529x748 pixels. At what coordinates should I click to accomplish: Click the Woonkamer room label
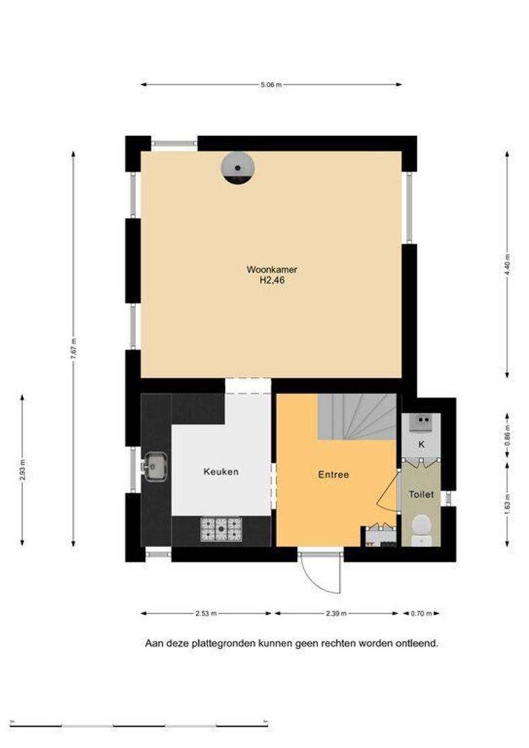pyautogui.click(x=272, y=269)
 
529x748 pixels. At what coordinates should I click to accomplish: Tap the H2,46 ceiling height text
pyautogui.click(x=272, y=280)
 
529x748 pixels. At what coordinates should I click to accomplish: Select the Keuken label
pyautogui.click(x=221, y=472)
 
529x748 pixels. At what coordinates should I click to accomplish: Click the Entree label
pyautogui.click(x=334, y=474)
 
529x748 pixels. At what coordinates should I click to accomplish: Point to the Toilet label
pyautogui.click(x=421, y=495)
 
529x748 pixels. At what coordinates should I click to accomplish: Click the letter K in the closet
pyautogui.click(x=421, y=445)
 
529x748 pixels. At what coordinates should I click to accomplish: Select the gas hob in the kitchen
pyautogui.click(x=222, y=529)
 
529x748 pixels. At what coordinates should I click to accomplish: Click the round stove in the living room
pyautogui.click(x=237, y=168)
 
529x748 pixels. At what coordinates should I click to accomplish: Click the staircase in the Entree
pyautogui.click(x=357, y=416)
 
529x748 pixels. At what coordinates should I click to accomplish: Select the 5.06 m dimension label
pyautogui.click(x=271, y=85)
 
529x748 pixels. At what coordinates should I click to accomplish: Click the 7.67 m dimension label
pyautogui.click(x=73, y=350)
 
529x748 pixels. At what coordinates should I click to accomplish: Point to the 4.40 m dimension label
pyautogui.click(x=507, y=265)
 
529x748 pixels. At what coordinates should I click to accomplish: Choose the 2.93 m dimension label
pyautogui.click(x=22, y=470)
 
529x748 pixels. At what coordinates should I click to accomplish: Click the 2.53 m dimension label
pyautogui.click(x=206, y=614)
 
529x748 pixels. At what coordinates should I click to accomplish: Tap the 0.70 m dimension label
pyautogui.click(x=421, y=614)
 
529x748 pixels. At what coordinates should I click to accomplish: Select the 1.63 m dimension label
pyautogui.click(x=507, y=504)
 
